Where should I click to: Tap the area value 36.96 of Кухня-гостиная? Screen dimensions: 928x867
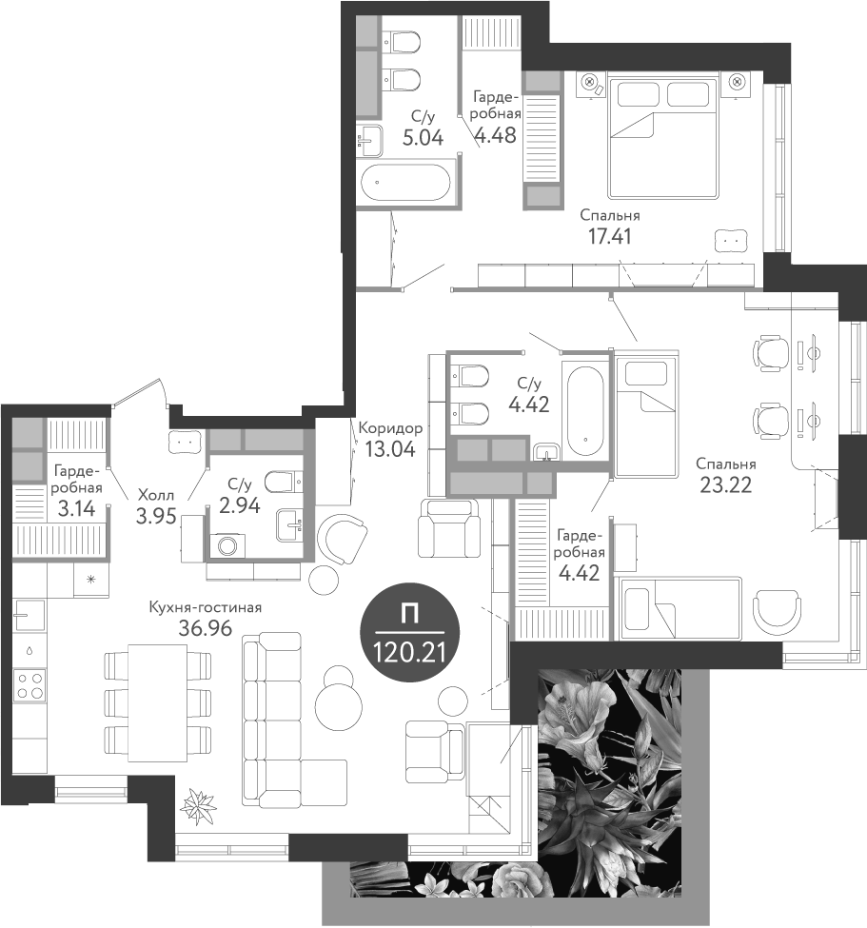pyautogui.click(x=205, y=627)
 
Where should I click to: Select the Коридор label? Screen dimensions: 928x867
pyautogui.click(x=389, y=428)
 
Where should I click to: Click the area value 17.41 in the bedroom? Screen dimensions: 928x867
pyautogui.click(x=610, y=234)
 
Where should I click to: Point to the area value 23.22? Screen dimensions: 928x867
pyautogui.click(x=725, y=484)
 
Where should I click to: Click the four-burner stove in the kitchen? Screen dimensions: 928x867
pyautogui.click(x=30, y=685)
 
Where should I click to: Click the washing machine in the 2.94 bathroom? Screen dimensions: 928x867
pyautogui.click(x=227, y=545)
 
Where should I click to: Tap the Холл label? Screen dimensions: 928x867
pyautogui.click(x=155, y=495)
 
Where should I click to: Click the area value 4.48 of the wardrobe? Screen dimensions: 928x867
pyautogui.click(x=496, y=135)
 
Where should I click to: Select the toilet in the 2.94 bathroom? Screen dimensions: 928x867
pyautogui.click(x=280, y=483)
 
